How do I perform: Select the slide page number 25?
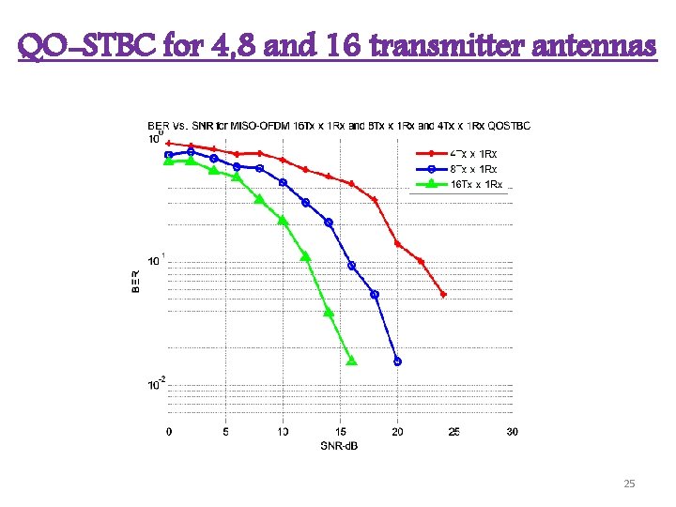[x=629, y=484]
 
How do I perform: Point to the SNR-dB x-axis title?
[x=339, y=445]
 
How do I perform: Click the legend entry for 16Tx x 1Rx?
[x=476, y=184]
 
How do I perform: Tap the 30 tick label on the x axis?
[x=511, y=432]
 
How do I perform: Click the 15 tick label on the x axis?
[x=340, y=432]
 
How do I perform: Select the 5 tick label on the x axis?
[x=225, y=432]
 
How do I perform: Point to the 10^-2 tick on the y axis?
[x=156, y=383]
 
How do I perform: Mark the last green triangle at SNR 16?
[x=352, y=361]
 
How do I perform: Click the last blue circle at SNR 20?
[x=397, y=361]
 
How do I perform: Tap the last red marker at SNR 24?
[x=443, y=295]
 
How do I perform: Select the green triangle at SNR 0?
[x=169, y=161]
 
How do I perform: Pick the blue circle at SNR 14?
[x=329, y=222]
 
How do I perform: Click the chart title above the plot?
[x=338, y=125]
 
